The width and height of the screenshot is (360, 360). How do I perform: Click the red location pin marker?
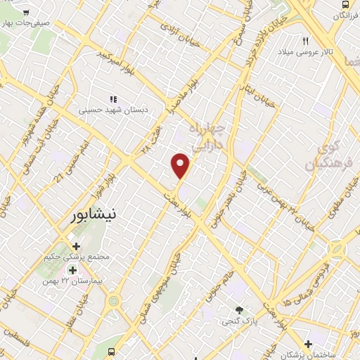click(x=181, y=166)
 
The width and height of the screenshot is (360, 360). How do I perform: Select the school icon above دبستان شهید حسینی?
click(x=112, y=99)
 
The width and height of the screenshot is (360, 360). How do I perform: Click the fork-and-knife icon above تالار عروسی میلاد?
click(x=306, y=40)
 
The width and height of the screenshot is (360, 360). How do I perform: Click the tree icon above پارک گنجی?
click(x=240, y=309)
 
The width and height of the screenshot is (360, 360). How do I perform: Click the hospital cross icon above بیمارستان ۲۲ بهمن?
click(x=73, y=269)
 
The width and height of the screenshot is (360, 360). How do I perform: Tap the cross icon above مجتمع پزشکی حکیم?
click(x=76, y=246)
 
